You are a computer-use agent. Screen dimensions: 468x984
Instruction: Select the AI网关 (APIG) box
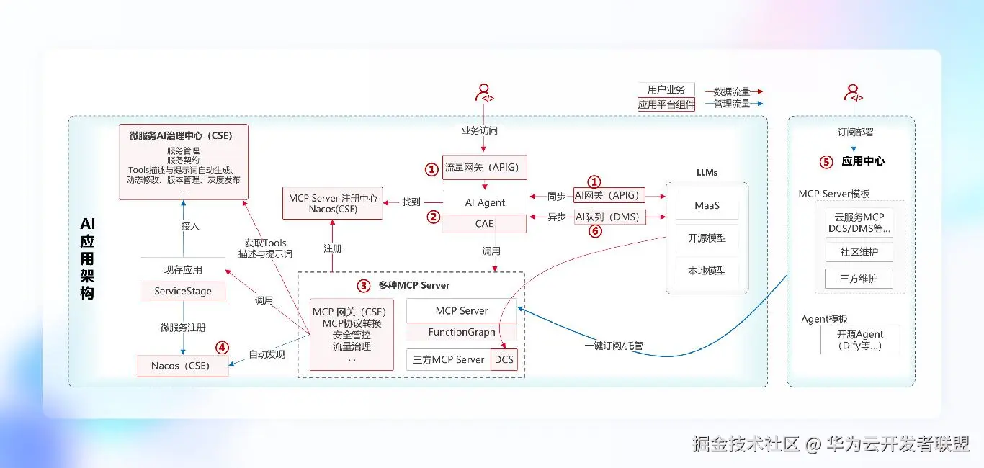[609, 195]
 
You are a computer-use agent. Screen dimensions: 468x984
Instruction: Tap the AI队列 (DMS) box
[609, 217]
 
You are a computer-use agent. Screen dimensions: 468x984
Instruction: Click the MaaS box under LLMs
[707, 205]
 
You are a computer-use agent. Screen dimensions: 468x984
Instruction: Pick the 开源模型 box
[707, 238]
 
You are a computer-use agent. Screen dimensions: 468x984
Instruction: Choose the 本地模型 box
[707, 271]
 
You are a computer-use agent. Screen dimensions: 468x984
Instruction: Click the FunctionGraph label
[462, 332]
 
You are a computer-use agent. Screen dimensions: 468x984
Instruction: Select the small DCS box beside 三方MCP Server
[504, 359]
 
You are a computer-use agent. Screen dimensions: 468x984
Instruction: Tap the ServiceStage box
[183, 292]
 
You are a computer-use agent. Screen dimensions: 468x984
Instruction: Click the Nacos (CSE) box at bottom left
[180, 366]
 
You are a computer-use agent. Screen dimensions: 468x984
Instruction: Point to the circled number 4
[223, 347]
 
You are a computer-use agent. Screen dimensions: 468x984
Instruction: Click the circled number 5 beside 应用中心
[826, 162]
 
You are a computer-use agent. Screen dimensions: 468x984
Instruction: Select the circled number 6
[595, 231]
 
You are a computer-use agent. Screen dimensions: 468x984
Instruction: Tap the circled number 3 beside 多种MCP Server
[364, 285]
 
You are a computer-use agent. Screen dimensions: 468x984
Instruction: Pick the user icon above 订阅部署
[854, 93]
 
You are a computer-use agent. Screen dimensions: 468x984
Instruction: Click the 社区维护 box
[859, 252]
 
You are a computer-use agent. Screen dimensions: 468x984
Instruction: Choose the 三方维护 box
[859, 279]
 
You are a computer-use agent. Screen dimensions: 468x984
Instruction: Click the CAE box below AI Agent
[484, 224]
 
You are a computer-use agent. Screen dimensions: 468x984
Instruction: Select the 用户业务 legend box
[666, 90]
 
